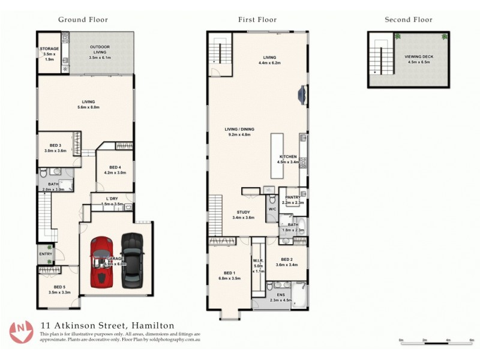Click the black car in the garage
click(132, 259)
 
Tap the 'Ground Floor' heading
click(83, 19)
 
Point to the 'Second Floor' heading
click(408, 19)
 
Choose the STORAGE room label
click(49, 49)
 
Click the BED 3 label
click(55, 146)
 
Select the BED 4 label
click(115, 167)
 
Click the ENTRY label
click(46, 254)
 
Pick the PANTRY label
click(293, 197)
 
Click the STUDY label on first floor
click(243, 212)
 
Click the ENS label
click(280, 295)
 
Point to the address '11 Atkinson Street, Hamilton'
click(107, 325)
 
